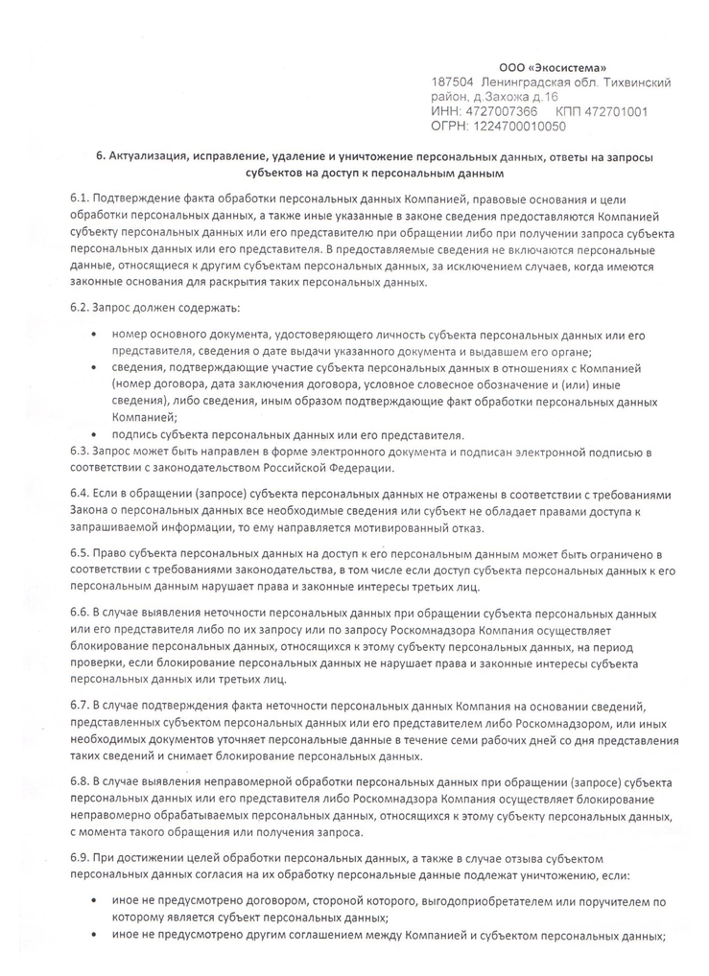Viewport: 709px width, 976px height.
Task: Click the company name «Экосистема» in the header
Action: click(572, 68)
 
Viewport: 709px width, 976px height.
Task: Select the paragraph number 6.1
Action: click(80, 198)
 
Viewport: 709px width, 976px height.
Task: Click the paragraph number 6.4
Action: click(80, 494)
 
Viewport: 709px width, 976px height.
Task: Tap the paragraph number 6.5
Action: click(80, 555)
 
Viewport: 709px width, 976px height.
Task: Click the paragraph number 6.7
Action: click(80, 706)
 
